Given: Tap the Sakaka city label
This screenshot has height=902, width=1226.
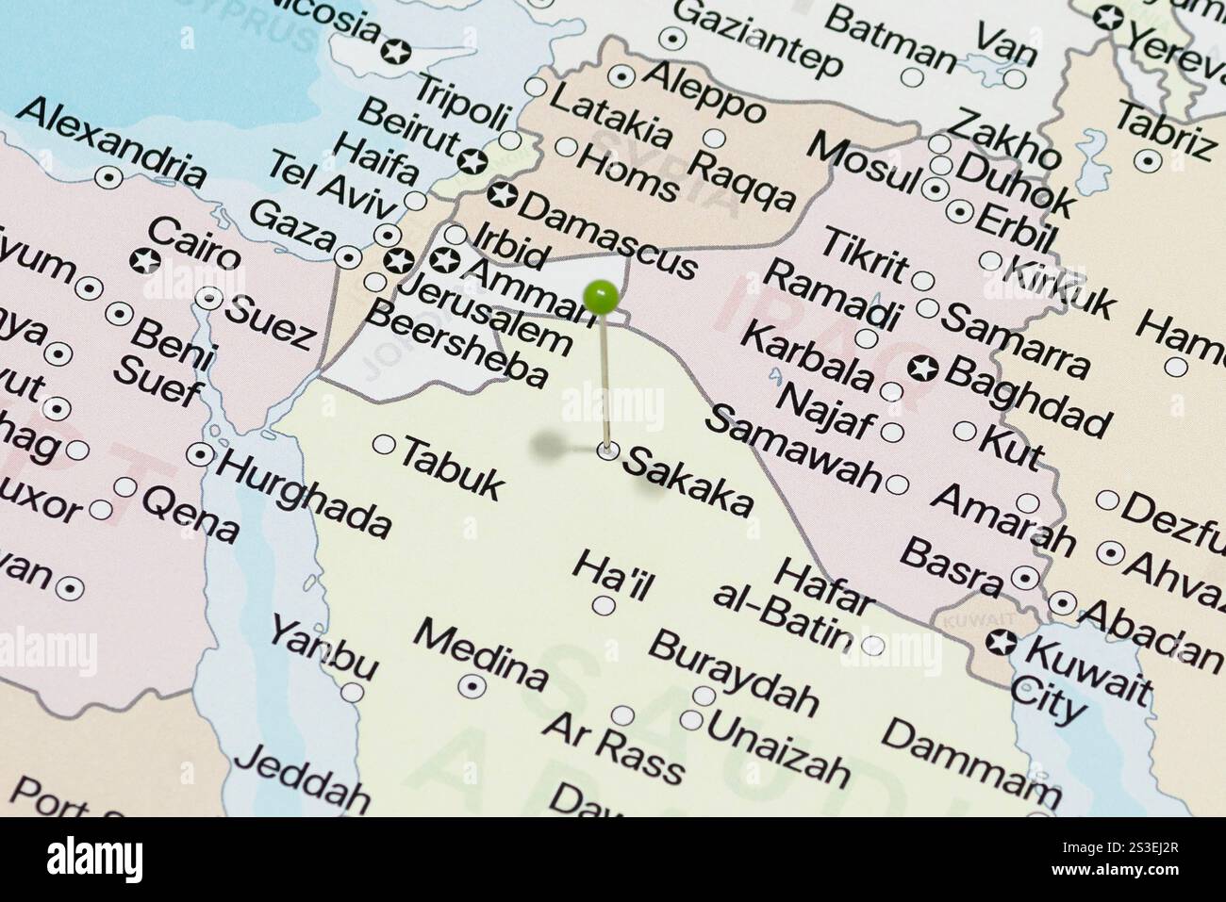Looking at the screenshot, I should coord(688,481).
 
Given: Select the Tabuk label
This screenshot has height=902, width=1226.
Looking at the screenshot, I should coord(452,467).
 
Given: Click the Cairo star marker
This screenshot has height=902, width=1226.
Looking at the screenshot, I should coord(145,261).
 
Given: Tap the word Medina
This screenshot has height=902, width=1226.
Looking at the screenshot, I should coord(480,654).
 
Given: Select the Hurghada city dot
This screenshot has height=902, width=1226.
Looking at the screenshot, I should coord(200,454).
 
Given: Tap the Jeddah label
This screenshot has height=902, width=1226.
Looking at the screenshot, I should coord(302,779).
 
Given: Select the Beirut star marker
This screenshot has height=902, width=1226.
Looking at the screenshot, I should coord(472,161).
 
